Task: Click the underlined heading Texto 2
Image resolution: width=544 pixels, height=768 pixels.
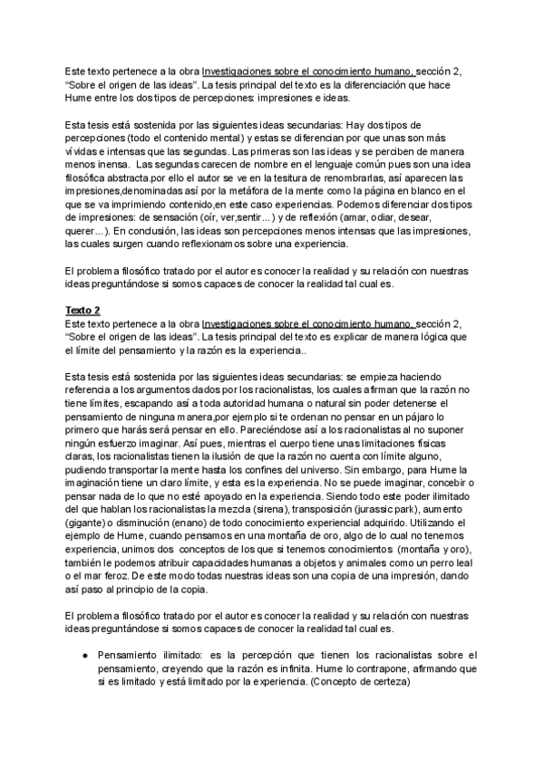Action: [83, 310]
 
